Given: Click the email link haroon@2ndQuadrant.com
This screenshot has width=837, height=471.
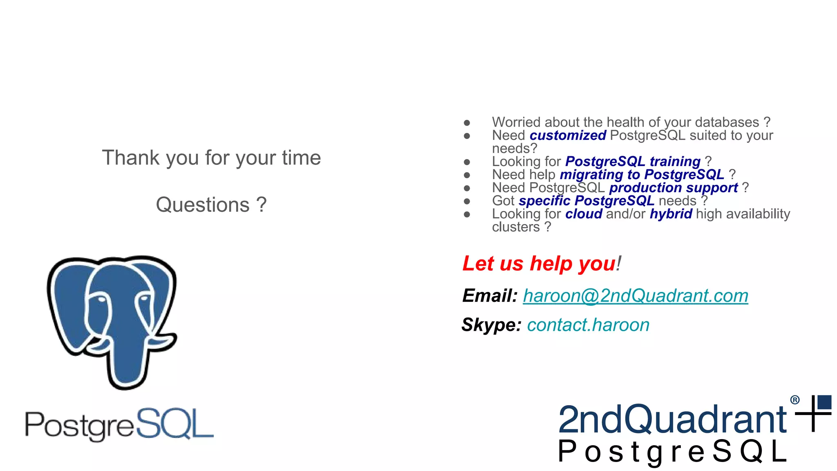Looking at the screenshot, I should coord(635,296).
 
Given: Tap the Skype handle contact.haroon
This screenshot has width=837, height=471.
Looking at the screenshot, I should coord(588,325).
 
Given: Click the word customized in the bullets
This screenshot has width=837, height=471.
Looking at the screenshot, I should coord(568,135).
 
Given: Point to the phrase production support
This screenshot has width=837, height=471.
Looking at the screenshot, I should coord(673,188).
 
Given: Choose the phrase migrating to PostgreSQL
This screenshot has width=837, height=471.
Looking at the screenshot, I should coord(642,175).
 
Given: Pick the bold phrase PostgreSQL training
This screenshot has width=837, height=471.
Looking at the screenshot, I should coord(633,161).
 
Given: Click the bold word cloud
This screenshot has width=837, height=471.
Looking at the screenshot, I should coord(584,214).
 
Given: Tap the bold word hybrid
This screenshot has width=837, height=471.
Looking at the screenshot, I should coord(671,214).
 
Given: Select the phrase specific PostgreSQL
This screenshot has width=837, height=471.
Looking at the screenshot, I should coord(586,201).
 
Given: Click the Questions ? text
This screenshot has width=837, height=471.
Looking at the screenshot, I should coord(211,204).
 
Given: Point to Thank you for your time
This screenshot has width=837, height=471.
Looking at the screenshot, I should coord(211,158).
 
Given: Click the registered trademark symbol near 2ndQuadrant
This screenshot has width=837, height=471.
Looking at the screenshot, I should coord(794,400).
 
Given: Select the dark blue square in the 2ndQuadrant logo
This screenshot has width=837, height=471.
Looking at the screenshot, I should coord(824,402).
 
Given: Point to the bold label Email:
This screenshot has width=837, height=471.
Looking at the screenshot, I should coord(490,296).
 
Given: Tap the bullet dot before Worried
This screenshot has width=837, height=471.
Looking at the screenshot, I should coord(467,123).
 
